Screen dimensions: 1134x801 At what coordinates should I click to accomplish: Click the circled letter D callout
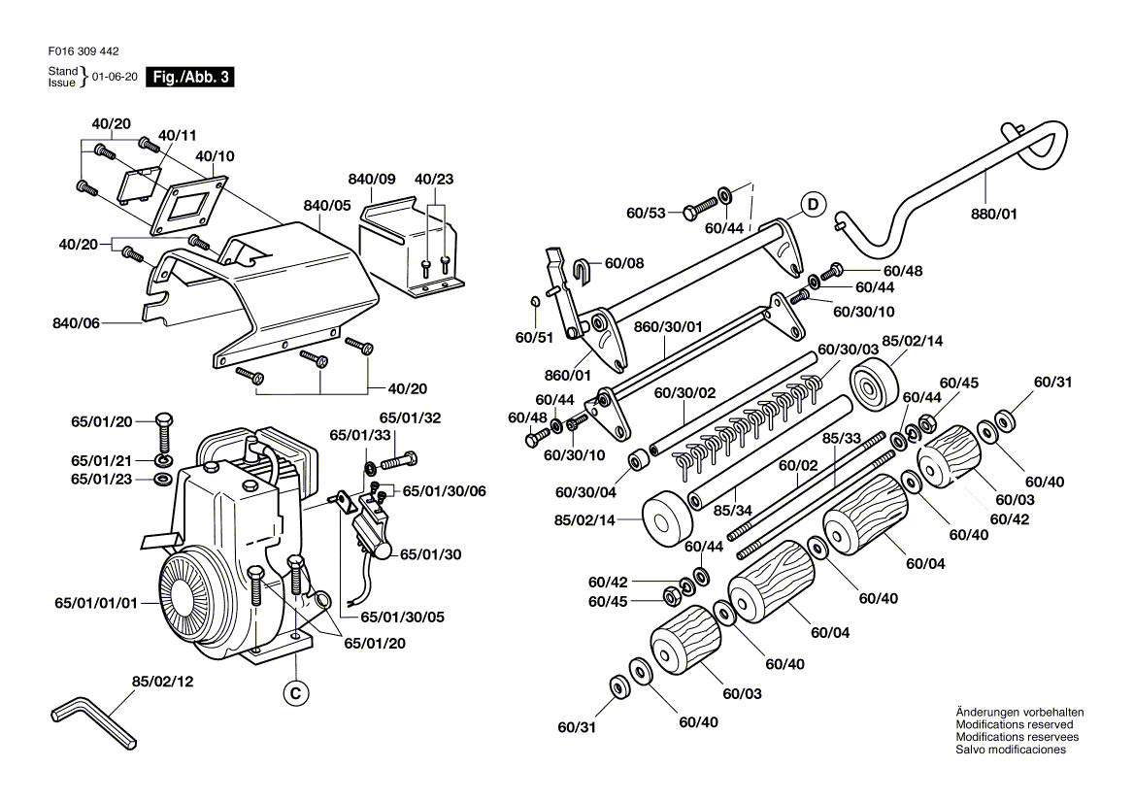point(813,205)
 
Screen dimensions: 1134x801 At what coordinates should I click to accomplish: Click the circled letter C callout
point(295,693)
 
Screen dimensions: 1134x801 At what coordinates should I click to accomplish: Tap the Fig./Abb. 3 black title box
point(190,77)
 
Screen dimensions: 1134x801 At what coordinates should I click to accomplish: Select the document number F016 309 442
point(83,51)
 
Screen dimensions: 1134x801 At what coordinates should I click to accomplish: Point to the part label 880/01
point(993,214)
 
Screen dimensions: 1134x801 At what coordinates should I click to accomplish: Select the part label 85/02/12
point(163,682)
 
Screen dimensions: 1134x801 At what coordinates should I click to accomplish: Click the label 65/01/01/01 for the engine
point(96,602)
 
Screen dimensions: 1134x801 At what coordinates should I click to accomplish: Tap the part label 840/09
point(372,180)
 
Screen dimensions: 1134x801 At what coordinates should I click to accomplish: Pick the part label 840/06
point(76,323)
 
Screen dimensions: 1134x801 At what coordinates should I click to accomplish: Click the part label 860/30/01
point(668,327)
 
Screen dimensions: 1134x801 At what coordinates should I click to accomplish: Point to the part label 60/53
point(646,213)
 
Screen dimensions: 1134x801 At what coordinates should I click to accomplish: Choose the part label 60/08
point(624,263)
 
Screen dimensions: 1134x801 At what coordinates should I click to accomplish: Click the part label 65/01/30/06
point(444,491)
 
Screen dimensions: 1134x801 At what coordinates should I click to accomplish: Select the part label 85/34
point(733,511)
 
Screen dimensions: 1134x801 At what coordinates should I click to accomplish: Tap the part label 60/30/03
point(849,350)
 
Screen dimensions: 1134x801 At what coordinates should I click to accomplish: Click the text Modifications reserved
point(1015,724)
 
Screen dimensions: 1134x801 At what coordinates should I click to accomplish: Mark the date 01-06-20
point(115,77)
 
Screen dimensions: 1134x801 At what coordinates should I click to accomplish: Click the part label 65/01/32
point(410,417)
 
